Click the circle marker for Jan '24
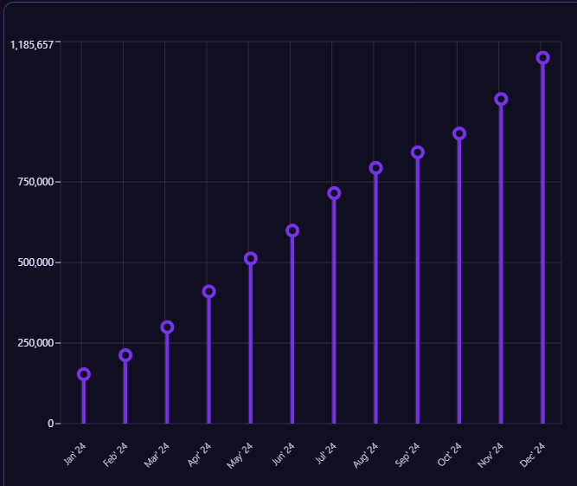84,374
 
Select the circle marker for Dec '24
542,57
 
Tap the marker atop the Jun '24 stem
292,230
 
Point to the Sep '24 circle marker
418,152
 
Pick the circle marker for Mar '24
167,327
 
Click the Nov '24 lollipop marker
501,99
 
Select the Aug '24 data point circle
375,168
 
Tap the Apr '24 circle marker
208,292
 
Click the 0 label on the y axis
50,424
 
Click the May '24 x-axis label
240,455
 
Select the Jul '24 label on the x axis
326,451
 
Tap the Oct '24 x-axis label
450,453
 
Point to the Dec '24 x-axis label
533,453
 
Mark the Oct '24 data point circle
459,133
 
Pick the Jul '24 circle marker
334,193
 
